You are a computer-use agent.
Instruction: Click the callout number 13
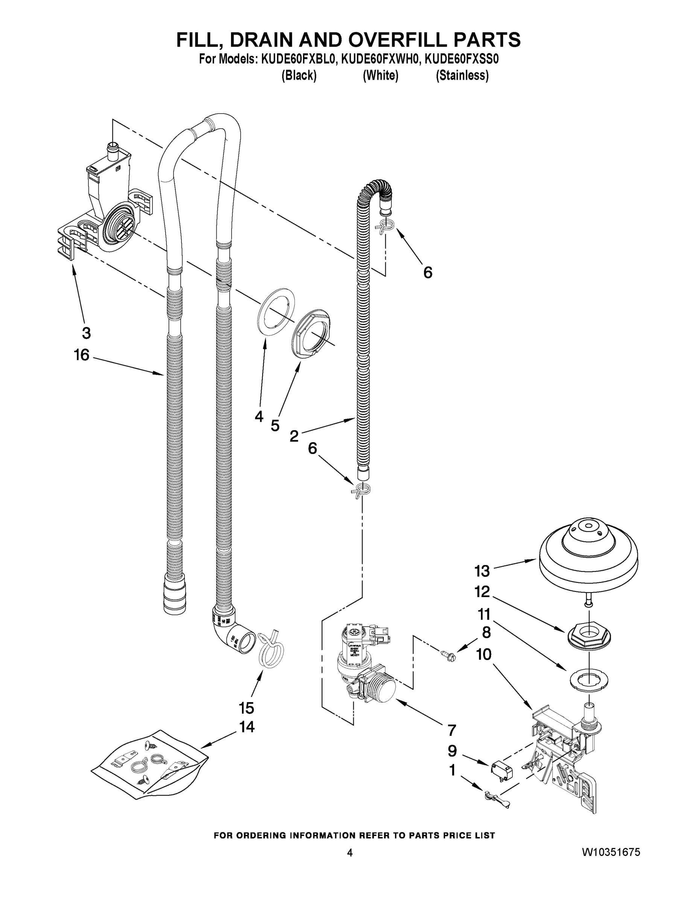tap(482, 572)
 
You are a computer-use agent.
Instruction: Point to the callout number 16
tap(81, 355)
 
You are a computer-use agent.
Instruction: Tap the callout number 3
tap(86, 333)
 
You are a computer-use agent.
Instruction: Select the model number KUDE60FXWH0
tap(380, 59)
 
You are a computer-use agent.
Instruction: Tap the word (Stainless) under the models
tap(462, 76)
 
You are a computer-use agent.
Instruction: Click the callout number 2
tap(294, 436)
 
